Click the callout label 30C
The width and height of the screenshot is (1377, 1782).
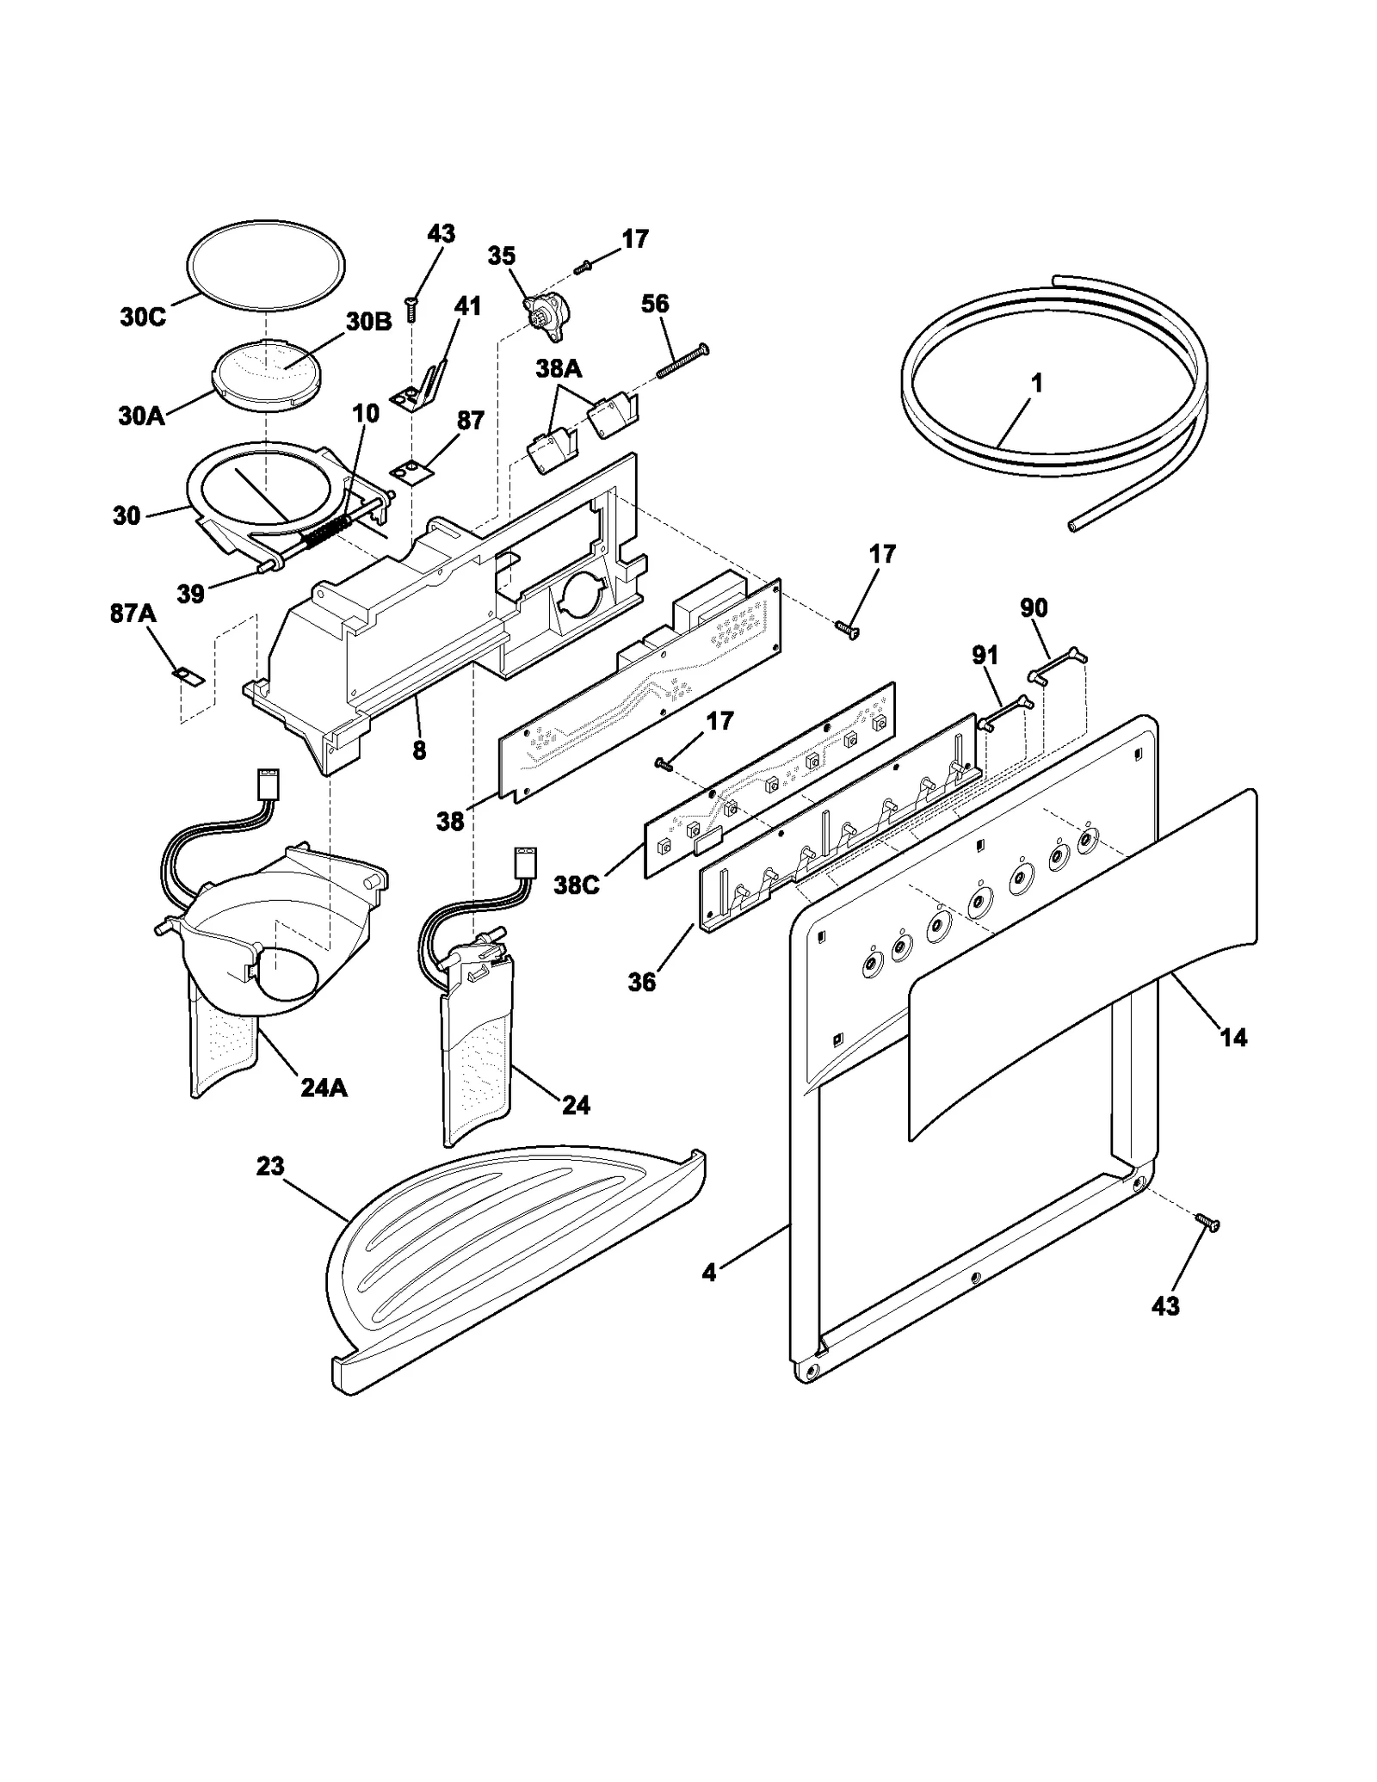click(x=142, y=317)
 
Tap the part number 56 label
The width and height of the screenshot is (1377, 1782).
click(x=655, y=303)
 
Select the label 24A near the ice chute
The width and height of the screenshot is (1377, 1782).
click(x=324, y=1088)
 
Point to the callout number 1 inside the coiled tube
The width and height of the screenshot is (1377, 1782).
click(x=1037, y=383)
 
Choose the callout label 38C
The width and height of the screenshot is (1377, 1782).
click(x=576, y=885)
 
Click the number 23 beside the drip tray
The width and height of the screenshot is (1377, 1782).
click(x=269, y=1166)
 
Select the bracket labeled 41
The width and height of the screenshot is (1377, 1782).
click(x=423, y=388)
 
